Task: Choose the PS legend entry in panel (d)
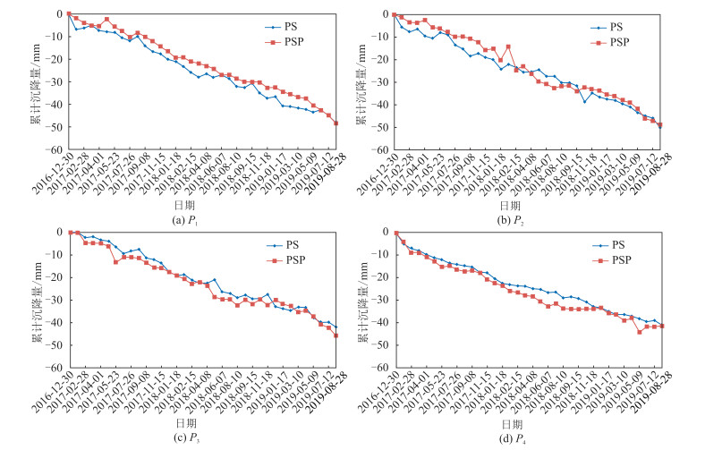point(616,245)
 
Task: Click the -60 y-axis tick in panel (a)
point(56,149)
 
